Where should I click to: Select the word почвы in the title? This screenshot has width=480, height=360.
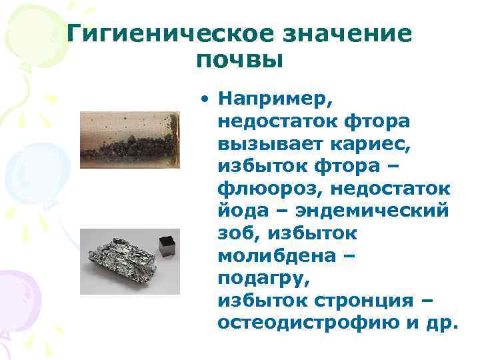[241, 61]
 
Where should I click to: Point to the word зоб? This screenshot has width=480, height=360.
[234, 234]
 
